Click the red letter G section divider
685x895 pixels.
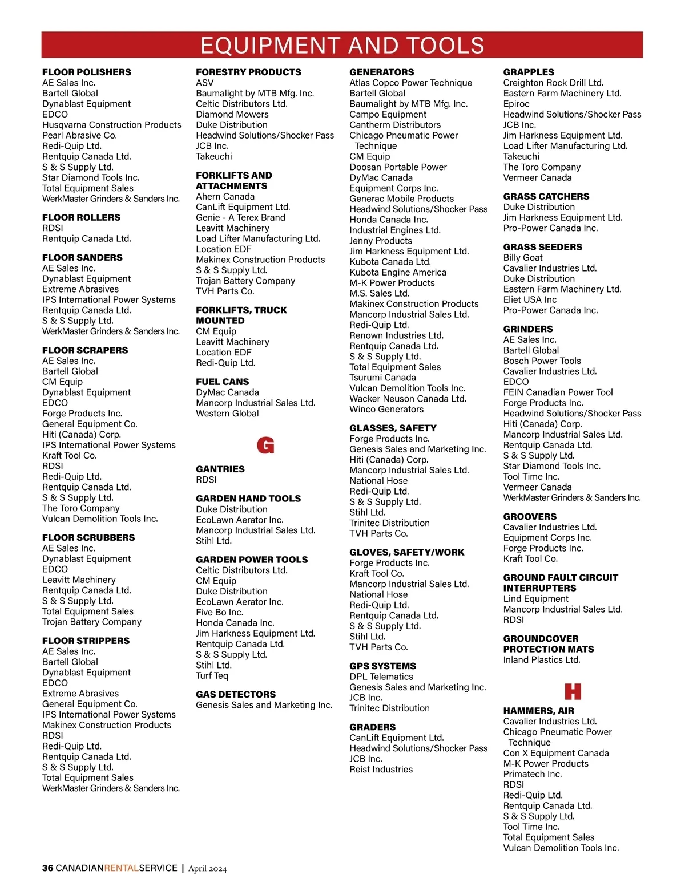(265, 445)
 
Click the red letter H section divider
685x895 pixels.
(573, 691)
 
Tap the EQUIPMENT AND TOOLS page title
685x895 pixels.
(342, 45)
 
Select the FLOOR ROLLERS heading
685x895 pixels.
(81, 217)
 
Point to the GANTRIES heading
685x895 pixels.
(220, 469)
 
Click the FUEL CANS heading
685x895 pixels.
(222, 382)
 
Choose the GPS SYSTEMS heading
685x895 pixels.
(382, 666)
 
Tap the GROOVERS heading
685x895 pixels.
(530, 516)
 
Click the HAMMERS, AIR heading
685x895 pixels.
(538, 711)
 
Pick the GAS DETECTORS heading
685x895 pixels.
(235, 694)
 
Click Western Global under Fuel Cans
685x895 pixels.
(227, 414)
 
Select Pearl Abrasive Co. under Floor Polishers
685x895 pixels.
(79, 135)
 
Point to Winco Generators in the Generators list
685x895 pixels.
(386, 409)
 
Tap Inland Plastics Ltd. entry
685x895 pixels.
(541, 660)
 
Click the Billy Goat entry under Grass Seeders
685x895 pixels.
(522, 257)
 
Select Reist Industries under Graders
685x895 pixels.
(381, 770)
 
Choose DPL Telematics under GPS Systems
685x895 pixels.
(381, 677)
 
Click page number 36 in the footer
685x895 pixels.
(47, 868)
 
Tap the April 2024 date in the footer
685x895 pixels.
(207, 869)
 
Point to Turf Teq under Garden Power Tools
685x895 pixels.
(212, 676)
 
